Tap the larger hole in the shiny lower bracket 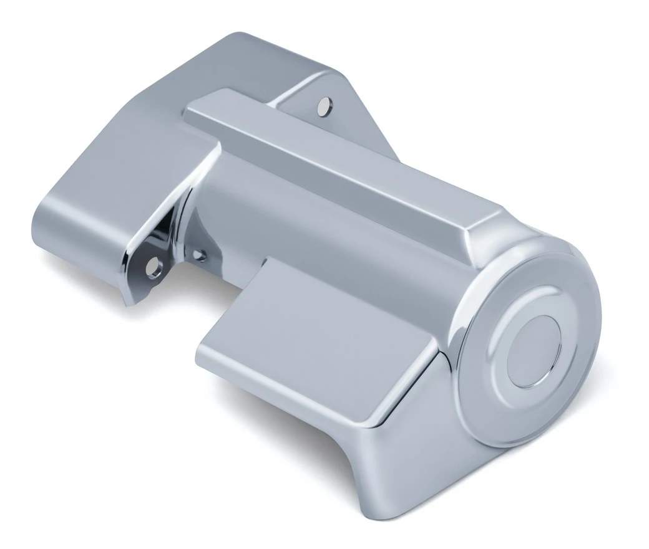[152, 267]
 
